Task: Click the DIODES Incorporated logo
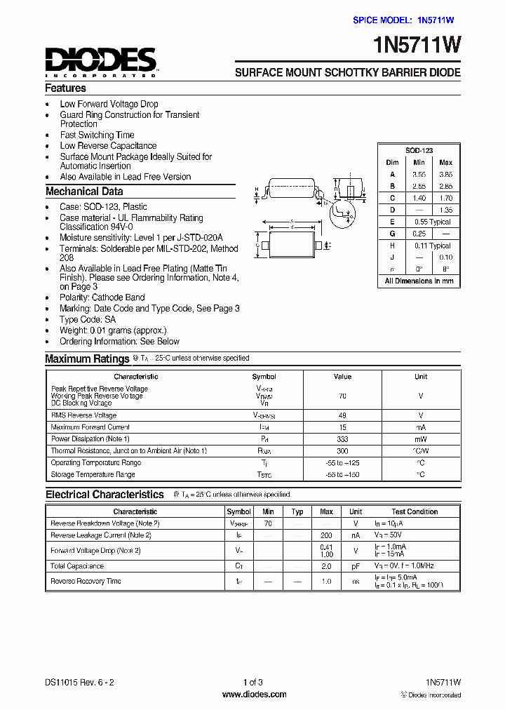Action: (x=101, y=62)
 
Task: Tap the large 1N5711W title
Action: (x=419, y=46)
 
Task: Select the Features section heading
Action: (x=65, y=88)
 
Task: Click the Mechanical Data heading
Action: (x=84, y=192)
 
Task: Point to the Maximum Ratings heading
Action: (x=87, y=359)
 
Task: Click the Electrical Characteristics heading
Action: (x=105, y=495)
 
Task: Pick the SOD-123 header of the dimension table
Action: (x=419, y=151)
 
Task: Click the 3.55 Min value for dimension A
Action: (x=419, y=174)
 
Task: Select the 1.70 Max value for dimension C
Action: (x=445, y=198)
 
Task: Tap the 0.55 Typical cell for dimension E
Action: (x=432, y=222)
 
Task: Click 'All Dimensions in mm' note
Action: (x=419, y=281)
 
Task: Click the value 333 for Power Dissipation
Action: (x=342, y=439)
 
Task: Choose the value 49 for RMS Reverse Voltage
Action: (x=342, y=415)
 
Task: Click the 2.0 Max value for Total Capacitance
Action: (x=326, y=566)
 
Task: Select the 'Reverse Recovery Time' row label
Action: (x=86, y=581)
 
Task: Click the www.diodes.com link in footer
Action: (x=254, y=695)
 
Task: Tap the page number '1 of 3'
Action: (x=252, y=683)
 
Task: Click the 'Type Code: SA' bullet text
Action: (x=88, y=319)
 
